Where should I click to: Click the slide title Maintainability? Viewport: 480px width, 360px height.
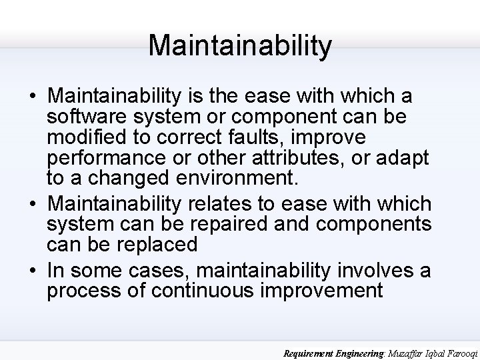[x=240, y=45]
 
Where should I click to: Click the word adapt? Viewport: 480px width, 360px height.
[x=403, y=158]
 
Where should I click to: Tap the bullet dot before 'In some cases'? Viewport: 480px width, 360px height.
[x=33, y=271]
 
